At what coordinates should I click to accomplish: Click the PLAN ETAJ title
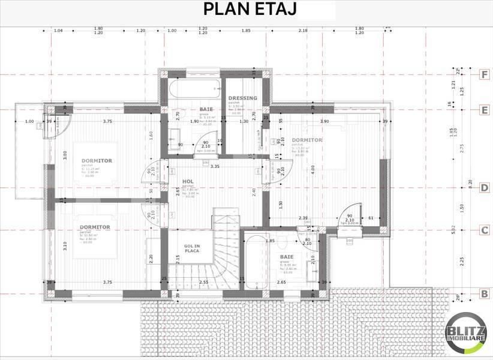click(x=249, y=10)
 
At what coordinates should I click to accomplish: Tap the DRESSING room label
click(x=243, y=98)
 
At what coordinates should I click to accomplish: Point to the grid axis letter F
click(x=483, y=75)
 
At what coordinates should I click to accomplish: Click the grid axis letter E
click(x=483, y=110)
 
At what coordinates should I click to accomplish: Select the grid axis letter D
click(x=483, y=188)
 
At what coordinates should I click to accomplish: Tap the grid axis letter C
click(x=483, y=230)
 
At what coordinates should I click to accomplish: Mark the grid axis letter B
click(x=483, y=293)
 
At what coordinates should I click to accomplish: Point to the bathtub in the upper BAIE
click(x=191, y=90)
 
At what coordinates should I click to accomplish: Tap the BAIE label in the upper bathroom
click(x=206, y=109)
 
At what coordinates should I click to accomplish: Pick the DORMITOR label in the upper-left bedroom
click(x=97, y=160)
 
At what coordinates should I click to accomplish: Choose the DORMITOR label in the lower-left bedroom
click(x=95, y=227)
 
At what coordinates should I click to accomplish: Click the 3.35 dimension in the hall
click(x=215, y=166)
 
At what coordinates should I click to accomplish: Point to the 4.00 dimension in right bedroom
click(x=312, y=169)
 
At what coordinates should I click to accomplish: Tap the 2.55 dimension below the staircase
click(x=203, y=282)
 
